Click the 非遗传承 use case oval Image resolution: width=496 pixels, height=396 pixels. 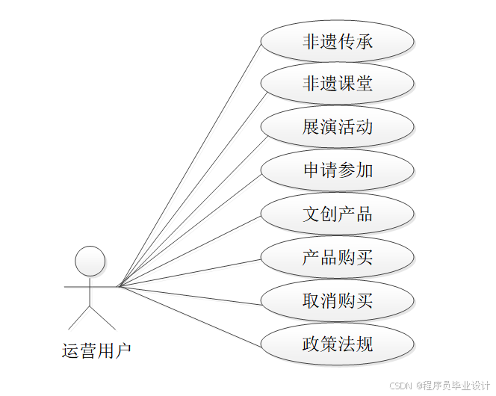pos(337,41)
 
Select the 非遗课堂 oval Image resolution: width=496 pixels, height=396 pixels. pos(337,84)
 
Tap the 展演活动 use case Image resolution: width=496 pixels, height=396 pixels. pos(337,127)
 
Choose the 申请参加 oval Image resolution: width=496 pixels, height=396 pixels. pos(337,170)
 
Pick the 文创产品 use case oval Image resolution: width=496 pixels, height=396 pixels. pos(337,214)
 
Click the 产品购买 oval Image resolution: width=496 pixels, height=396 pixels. pos(337,258)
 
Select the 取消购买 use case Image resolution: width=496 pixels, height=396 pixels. pos(337,301)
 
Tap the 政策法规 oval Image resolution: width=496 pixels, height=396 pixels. pos(337,344)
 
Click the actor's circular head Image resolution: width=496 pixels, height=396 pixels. pos(90,261)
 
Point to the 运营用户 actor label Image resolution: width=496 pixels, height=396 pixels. pos(96,350)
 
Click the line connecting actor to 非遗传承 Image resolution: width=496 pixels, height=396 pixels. pos(190,163)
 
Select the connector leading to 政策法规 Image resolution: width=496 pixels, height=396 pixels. pos(190,315)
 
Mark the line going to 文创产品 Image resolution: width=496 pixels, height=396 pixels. pos(190,250)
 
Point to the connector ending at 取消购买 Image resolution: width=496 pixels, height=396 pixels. pos(190,294)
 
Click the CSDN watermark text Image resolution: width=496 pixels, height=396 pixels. pos(401,386)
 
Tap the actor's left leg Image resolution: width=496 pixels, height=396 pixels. pos(80,317)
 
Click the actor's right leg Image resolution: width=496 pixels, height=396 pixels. pos(102,317)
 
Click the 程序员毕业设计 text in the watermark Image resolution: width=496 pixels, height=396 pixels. pos(457,386)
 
